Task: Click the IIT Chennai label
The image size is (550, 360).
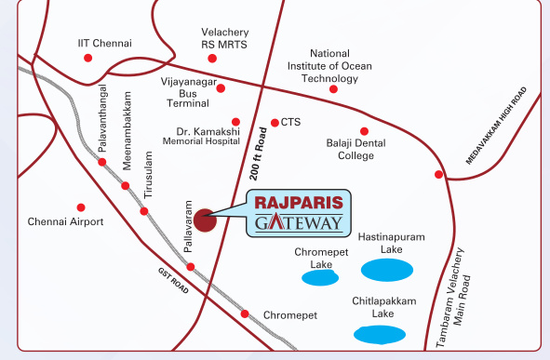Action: tap(105, 43)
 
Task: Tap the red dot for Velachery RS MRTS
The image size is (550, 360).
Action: tap(212, 59)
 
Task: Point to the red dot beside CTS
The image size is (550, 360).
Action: tap(275, 123)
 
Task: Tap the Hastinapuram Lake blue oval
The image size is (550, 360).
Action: tap(387, 271)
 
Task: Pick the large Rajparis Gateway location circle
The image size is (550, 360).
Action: tap(207, 219)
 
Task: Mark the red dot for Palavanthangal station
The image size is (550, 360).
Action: tap(101, 163)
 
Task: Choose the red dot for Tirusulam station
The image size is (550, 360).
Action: tap(144, 211)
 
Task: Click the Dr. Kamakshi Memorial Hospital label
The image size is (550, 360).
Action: tap(202, 137)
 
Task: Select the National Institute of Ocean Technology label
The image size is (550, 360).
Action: tap(329, 66)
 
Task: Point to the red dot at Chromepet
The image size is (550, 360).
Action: tap(245, 313)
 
